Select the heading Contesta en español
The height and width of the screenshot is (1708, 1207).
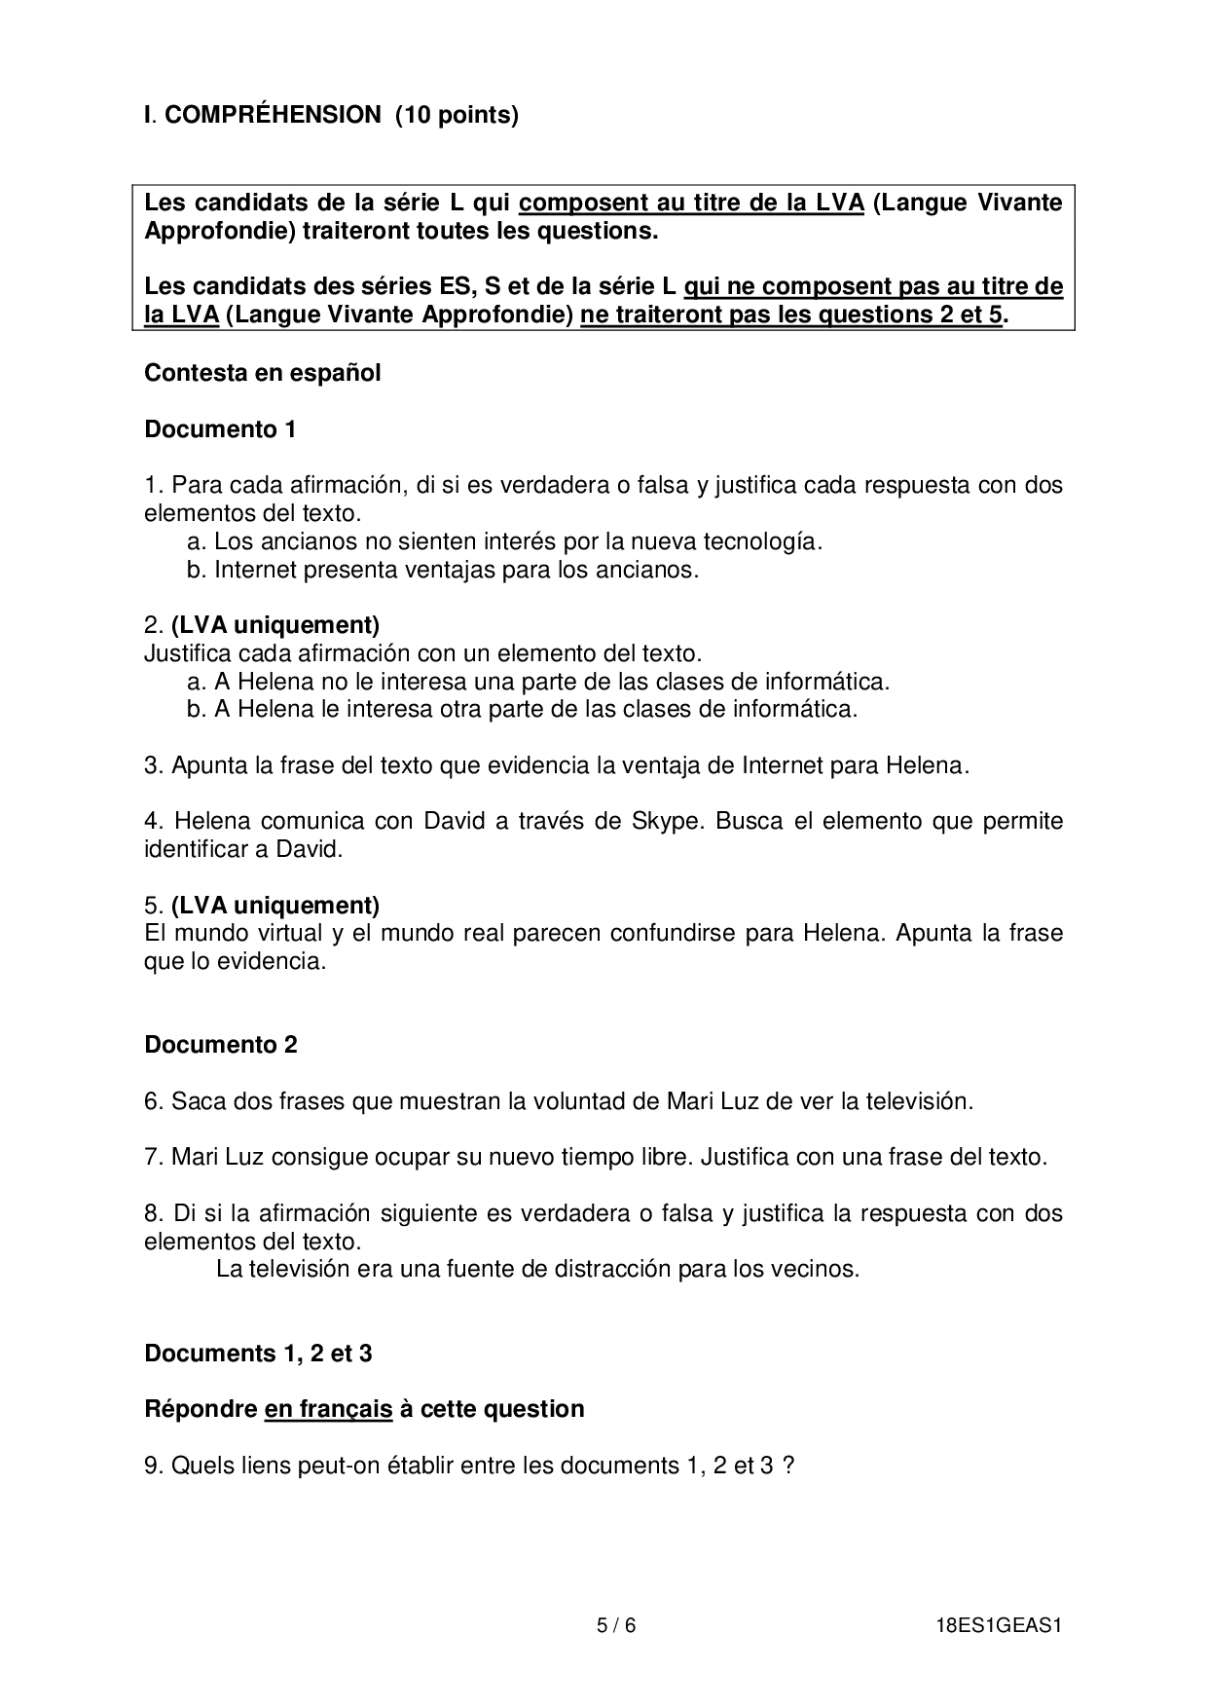coord(262,373)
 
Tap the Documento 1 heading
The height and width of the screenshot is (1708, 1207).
coord(220,429)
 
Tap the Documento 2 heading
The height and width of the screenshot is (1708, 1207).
coord(221,1045)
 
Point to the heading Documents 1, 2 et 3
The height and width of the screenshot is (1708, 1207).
coord(258,1354)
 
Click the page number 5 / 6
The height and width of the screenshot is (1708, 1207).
coord(615,1625)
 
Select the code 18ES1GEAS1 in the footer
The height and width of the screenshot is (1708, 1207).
coord(996,1625)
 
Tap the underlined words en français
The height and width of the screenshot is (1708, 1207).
coord(328,1409)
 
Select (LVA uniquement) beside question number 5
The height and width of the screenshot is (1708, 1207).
coord(275,905)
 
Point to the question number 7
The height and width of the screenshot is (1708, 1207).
coord(153,1158)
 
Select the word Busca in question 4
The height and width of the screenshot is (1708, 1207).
coord(749,821)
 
